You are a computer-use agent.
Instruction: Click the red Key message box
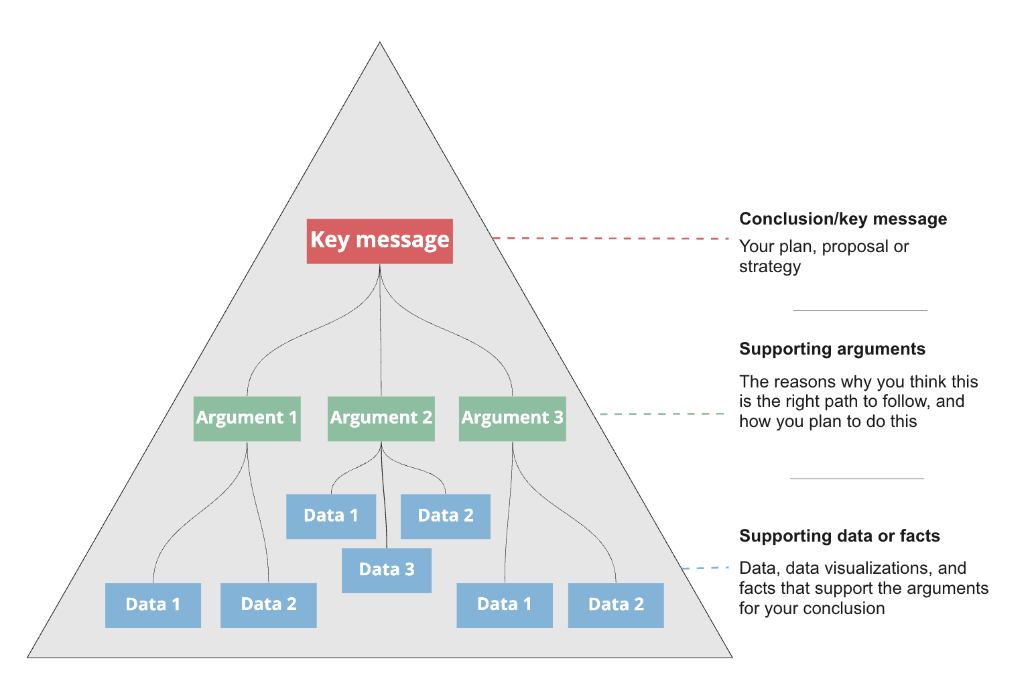point(379,241)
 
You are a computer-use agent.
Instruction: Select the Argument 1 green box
point(247,418)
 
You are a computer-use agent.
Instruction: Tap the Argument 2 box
point(381,418)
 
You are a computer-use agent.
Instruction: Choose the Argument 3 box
point(512,418)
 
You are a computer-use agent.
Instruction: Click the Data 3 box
point(386,570)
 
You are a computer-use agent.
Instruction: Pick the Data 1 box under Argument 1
point(153,605)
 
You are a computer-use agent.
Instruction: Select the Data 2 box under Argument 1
point(268,605)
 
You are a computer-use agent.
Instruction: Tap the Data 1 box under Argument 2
point(330,516)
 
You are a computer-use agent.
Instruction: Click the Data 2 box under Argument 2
point(445,516)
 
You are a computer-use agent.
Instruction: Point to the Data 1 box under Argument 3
point(504,605)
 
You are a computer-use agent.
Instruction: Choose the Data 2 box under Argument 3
point(615,605)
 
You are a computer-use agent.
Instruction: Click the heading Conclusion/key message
point(842,219)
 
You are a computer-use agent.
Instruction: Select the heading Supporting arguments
point(832,349)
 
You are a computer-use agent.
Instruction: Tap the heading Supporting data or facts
point(839,536)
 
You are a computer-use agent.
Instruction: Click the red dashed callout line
point(610,238)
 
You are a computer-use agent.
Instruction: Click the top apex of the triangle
point(380,44)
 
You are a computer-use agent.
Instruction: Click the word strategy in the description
point(769,267)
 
